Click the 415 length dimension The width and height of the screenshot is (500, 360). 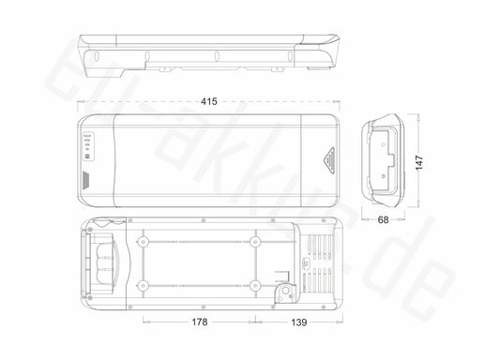209,101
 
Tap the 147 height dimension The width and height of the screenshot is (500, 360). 419,162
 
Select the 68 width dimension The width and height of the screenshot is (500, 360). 383,219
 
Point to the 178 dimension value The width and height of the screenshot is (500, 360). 200,322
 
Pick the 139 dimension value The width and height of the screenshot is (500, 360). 299,322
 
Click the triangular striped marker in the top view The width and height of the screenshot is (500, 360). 329,160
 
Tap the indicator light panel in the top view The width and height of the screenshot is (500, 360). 87,146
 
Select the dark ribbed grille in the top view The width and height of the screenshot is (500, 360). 86,180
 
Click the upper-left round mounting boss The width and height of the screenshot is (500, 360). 144,242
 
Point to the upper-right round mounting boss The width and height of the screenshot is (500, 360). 254,242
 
